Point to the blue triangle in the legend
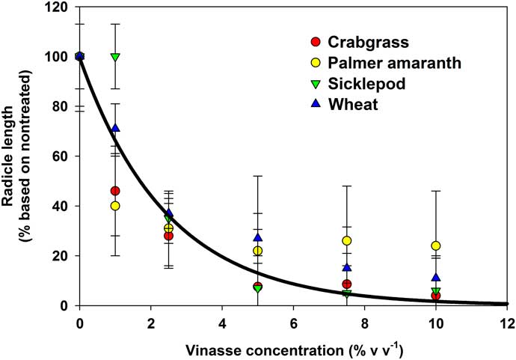(x=316, y=104)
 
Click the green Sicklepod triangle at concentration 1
(x=115, y=57)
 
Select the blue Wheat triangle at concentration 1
(x=115, y=128)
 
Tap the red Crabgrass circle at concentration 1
(x=115, y=191)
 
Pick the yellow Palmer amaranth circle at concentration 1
(x=115, y=206)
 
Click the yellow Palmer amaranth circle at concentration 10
(x=436, y=245)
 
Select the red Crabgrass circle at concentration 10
(x=436, y=296)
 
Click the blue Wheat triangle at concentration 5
(x=258, y=238)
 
